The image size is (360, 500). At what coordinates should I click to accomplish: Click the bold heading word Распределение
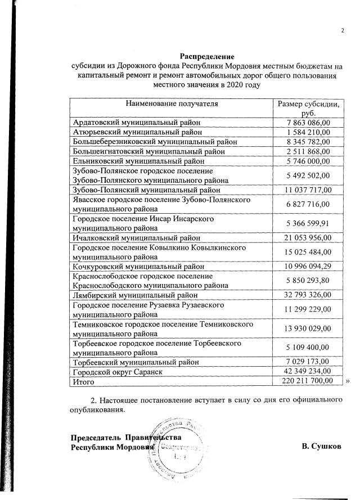207,56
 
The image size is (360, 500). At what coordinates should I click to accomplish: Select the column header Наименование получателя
172,103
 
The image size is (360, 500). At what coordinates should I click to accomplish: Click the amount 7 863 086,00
307,122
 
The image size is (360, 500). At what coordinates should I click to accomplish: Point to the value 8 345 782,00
307,141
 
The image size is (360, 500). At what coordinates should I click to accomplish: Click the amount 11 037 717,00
307,190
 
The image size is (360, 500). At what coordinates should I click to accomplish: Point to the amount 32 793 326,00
307,295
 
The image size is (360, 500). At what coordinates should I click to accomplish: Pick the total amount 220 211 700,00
307,381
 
